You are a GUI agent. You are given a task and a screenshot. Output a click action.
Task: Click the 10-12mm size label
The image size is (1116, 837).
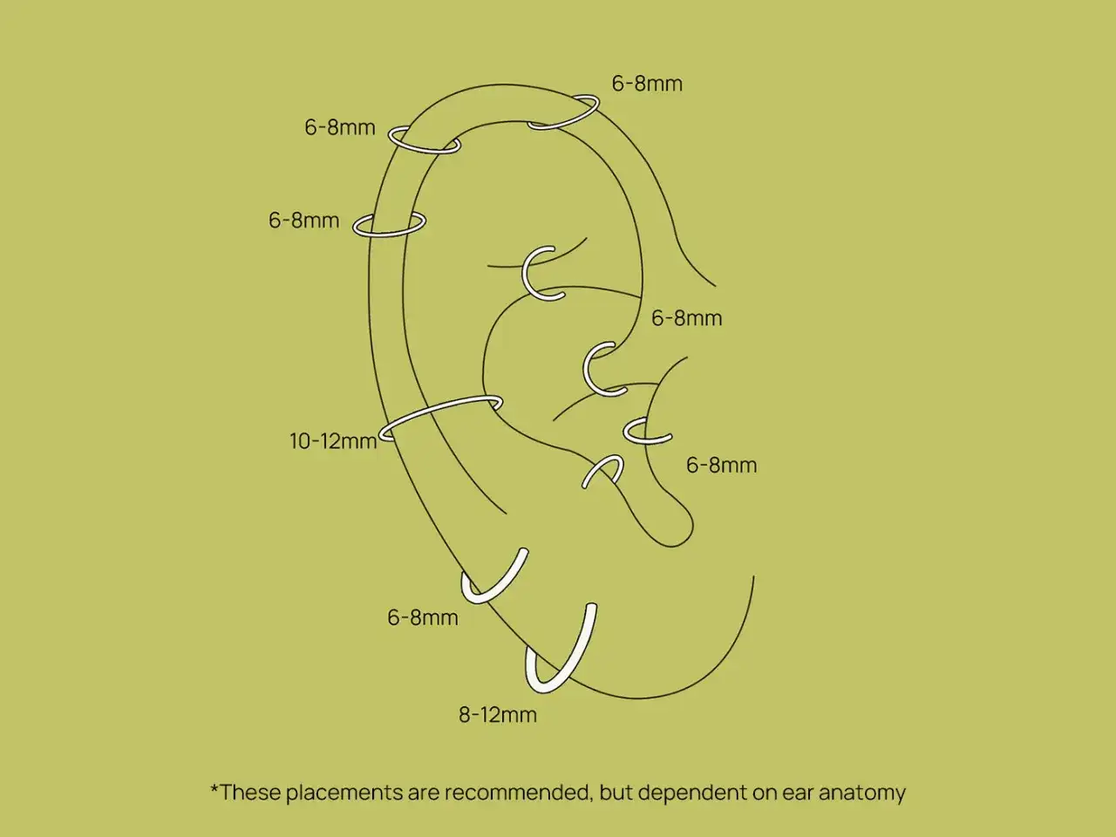click(333, 441)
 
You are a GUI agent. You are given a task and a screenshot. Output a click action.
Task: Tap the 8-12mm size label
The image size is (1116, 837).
click(498, 715)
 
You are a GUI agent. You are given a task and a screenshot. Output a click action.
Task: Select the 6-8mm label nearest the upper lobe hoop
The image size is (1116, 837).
click(423, 617)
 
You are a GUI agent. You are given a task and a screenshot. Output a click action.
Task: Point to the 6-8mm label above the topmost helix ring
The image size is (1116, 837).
click(647, 84)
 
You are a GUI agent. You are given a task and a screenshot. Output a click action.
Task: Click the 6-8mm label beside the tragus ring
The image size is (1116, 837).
click(721, 465)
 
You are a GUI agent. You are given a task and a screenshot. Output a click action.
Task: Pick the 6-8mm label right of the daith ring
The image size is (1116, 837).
click(686, 318)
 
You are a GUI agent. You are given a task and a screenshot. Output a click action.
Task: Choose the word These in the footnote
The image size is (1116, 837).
click(250, 793)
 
